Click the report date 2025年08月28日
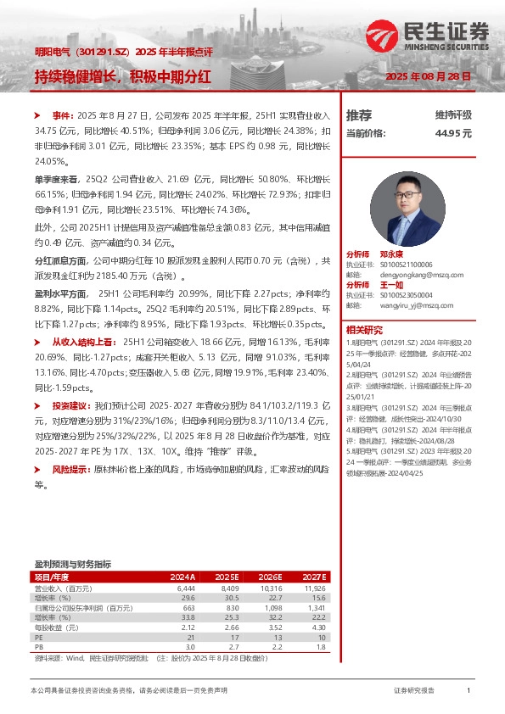(427, 76)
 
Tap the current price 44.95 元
(453, 133)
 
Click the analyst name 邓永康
(391, 254)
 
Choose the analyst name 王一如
(391, 285)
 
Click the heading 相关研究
(364, 329)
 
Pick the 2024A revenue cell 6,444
(186, 587)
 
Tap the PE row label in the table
(38, 636)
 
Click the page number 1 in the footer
(469, 692)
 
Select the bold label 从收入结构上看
(87, 340)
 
